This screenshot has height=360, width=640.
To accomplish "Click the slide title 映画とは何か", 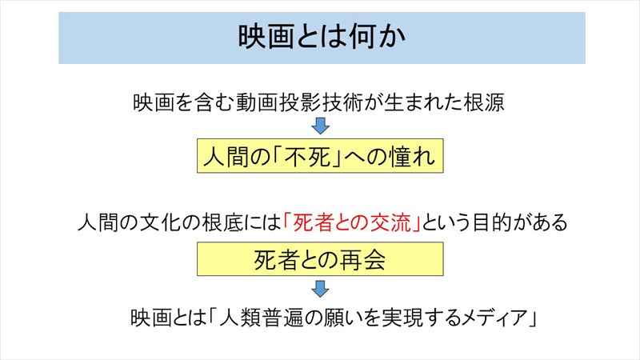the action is [322, 37].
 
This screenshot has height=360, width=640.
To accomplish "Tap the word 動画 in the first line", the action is [257, 102].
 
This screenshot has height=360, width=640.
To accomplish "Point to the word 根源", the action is [484, 102].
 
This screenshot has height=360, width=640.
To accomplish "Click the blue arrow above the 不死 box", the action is [321, 126].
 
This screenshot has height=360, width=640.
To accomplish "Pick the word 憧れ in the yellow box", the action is [413, 156].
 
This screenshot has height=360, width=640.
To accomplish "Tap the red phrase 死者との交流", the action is [351, 223].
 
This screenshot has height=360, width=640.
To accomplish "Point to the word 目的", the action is [491, 223].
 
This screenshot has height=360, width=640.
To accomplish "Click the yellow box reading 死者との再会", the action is [321, 258].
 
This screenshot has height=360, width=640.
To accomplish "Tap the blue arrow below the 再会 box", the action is [321, 289].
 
